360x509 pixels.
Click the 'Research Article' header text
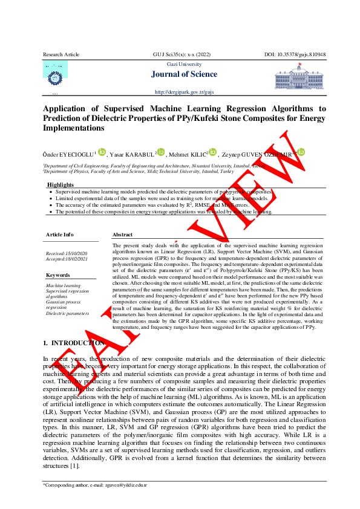(61, 54)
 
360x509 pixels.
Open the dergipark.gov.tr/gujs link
(185, 92)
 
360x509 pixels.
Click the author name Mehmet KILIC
(188, 154)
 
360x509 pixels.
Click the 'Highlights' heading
(61, 184)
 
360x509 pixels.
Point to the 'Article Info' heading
(60, 234)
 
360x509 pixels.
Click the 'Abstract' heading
(122, 234)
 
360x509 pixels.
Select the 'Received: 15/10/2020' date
(67, 253)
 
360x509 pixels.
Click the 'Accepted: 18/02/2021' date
(67, 258)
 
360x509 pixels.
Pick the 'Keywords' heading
(58, 275)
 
